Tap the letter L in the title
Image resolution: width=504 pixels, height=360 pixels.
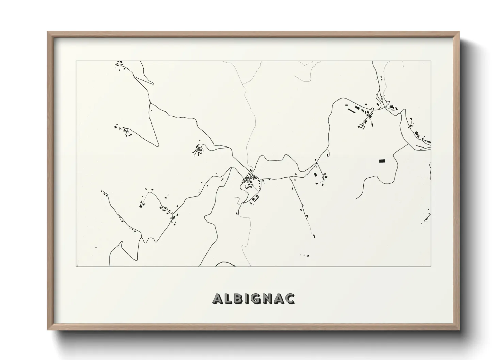click(230, 298)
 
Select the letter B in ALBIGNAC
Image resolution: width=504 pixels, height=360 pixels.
click(240, 298)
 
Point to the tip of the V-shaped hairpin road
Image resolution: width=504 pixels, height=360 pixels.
click(158, 146)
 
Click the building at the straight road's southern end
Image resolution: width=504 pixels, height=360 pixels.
click(314, 235)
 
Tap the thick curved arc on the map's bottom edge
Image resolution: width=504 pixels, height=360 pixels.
click(223, 264)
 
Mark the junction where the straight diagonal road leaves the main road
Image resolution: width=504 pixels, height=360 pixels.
click(289, 177)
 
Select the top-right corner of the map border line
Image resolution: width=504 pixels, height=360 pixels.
click(431, 61)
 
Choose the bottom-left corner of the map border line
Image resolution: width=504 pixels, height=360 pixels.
click(76, 267)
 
